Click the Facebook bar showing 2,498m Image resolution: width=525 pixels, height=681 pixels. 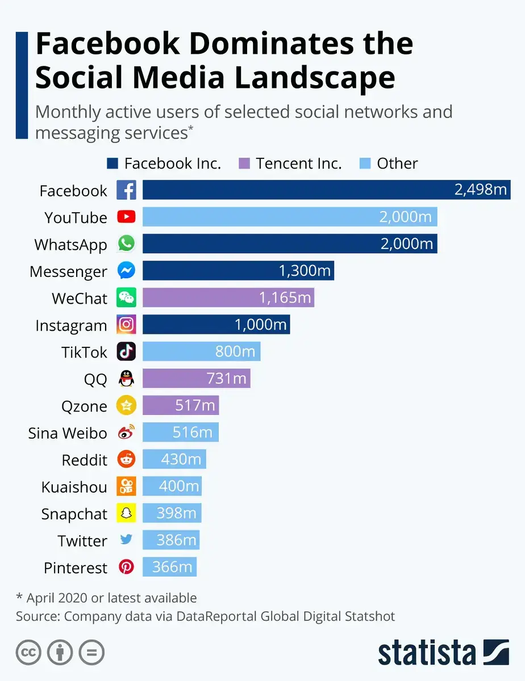pyautogui.click(x=326, y=190)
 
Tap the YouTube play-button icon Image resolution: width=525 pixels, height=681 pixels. pyautogui.click(x=126, y=217)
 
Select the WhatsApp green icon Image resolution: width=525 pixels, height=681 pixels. pyautogui.click(x=126, y=244)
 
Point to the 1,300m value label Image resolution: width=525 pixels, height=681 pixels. pyautogui.click(x=305, y=271)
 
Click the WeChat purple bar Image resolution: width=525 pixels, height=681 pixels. pyautogui.click(x=228, y=297)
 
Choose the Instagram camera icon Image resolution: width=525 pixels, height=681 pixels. pyautogui.click(x=126, y=325)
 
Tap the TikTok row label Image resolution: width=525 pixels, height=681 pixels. pyautogui.click(x=84, y=352)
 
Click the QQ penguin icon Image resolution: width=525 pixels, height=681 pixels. pyautogui.click(x=126, y=379)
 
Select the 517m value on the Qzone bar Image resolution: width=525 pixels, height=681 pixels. pyautogui.click(x=195, y=406)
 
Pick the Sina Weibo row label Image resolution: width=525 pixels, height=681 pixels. pyautogui.click(x=68, y=433)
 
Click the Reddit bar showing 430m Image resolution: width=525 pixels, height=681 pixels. pyautogui.click(x=174, y=460)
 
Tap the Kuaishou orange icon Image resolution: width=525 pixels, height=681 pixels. pyautogui.click(x=126, y=486)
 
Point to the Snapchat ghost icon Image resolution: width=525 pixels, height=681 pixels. pyautogui.click(x=126, y=513)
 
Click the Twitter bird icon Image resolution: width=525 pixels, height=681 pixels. pyautogui.click(x=126, y=540)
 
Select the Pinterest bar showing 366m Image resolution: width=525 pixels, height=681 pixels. pyautogui.click(x=169, y=567)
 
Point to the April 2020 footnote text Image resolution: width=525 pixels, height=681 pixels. pyautogui.click(x=106, y=598)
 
